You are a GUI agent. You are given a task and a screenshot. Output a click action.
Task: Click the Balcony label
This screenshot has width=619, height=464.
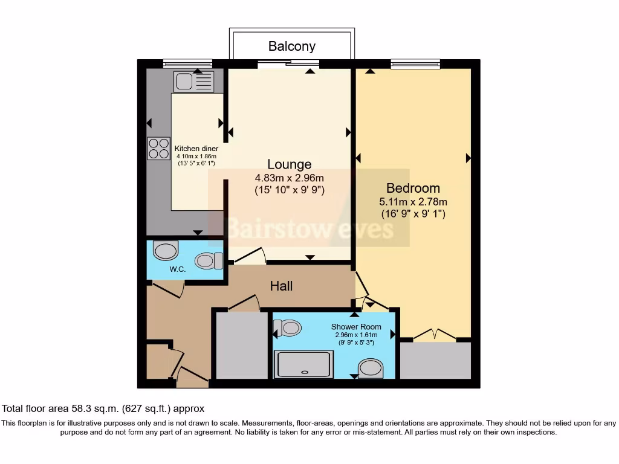click(x=292, y=46)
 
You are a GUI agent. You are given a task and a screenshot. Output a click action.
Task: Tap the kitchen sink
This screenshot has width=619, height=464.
click(x=193, y=80)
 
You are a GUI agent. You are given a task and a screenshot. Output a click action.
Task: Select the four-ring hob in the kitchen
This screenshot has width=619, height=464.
click(x=158, y=149)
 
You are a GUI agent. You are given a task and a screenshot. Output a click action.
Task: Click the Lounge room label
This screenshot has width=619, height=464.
click(x=290, y=164)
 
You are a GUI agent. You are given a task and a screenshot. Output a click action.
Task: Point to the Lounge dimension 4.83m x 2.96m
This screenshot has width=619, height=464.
click(x=290, y=178)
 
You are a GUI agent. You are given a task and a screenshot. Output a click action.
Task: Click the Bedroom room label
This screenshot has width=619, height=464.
click(x=413, y=188)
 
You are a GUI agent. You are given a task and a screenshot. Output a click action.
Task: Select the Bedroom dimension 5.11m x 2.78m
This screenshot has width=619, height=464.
click(x=413, y=202)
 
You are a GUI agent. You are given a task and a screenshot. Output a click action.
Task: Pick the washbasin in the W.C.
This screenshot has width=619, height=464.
click(x=165, y=250)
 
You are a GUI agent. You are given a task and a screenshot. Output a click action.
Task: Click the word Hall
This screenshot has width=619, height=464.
click(x=281, y=286)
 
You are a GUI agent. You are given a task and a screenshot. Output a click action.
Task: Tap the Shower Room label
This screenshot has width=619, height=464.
click(x=356, y=327)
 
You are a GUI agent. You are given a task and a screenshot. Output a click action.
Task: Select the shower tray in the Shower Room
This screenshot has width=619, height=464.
click(x=303, y=365)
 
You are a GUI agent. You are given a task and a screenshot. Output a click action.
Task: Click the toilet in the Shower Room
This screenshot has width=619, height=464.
click(x=288, y=328)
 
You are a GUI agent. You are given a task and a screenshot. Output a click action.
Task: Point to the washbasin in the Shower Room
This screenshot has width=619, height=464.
click(x=371, y=368)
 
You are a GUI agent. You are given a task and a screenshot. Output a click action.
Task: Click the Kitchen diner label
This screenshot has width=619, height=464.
click(x=196, y=149)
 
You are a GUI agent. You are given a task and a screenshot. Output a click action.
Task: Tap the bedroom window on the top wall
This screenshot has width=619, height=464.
click(x=415, y=63)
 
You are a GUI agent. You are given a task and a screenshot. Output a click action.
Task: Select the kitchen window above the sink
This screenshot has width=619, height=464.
click(x=187, y=63)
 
